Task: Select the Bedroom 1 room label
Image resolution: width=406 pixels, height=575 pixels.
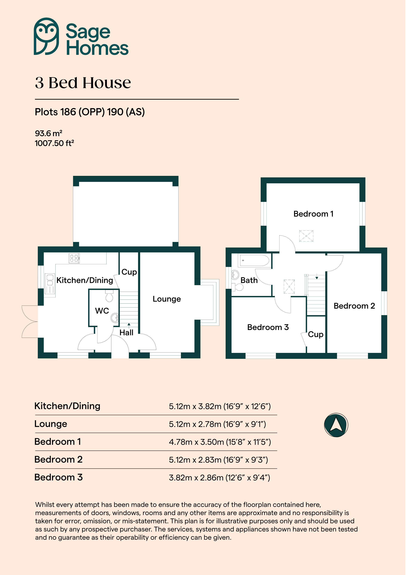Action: click(314, 214)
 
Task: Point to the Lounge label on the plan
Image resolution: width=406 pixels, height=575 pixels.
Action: click(167, 299)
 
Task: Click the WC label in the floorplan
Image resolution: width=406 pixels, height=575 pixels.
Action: click(102, 311)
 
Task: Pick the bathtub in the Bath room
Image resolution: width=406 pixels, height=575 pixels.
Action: click(254, 260)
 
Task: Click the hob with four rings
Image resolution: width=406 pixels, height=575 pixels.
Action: click(74, 258)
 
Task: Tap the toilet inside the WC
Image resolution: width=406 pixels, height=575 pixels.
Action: click(109, 296)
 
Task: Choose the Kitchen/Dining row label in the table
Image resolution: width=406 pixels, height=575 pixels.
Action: click(67, 406)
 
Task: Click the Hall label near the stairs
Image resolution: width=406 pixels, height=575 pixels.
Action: click(126, 333)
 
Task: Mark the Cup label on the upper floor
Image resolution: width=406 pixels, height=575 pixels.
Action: click(316, 335)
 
